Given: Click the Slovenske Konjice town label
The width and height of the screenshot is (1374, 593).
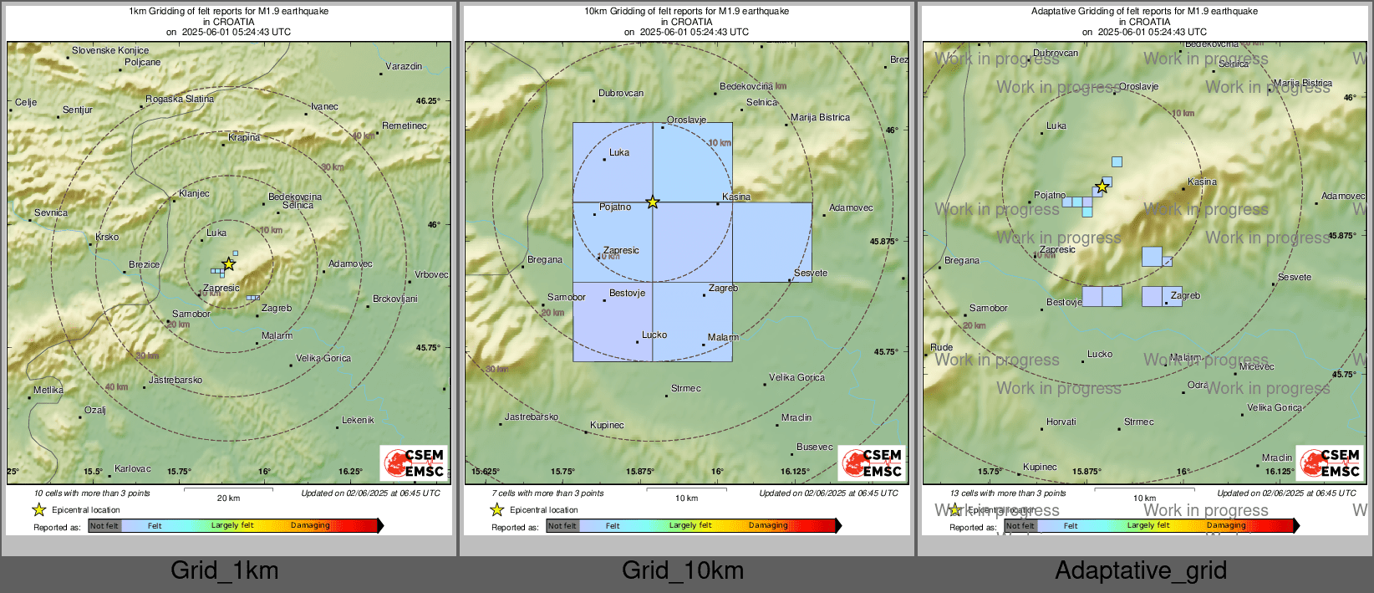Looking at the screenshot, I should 110,50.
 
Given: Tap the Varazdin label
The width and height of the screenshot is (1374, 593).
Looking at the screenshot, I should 404,66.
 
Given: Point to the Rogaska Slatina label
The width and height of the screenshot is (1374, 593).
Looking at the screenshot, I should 180,99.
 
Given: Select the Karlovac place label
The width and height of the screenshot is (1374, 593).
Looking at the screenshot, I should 133,468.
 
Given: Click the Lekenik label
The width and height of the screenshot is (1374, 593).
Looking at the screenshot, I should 358,420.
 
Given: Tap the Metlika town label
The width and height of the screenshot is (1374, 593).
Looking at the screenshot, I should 48,390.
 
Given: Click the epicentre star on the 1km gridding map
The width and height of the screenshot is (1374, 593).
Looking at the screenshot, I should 228,264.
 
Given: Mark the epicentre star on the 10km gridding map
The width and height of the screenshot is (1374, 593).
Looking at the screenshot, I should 653,202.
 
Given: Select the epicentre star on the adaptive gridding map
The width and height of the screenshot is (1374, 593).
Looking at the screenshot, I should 1102,187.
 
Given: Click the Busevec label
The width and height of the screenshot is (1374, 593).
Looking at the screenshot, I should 815,447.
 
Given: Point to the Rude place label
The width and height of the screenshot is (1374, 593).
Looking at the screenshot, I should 941,347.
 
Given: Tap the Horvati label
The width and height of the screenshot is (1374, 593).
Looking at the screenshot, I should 1061,422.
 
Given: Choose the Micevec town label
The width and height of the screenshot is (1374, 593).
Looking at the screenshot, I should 1257,366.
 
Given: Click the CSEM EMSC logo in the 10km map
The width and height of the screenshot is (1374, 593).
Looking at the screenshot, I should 873,463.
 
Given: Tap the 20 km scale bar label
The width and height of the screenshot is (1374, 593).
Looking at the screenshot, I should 228,498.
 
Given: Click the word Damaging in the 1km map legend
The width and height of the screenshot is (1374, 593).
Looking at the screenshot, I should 310,525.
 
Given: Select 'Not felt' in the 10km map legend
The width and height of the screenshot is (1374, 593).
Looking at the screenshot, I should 562,526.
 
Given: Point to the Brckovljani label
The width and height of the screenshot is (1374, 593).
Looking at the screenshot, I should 394,299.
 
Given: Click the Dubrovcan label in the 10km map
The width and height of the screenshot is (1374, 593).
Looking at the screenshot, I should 621,93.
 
